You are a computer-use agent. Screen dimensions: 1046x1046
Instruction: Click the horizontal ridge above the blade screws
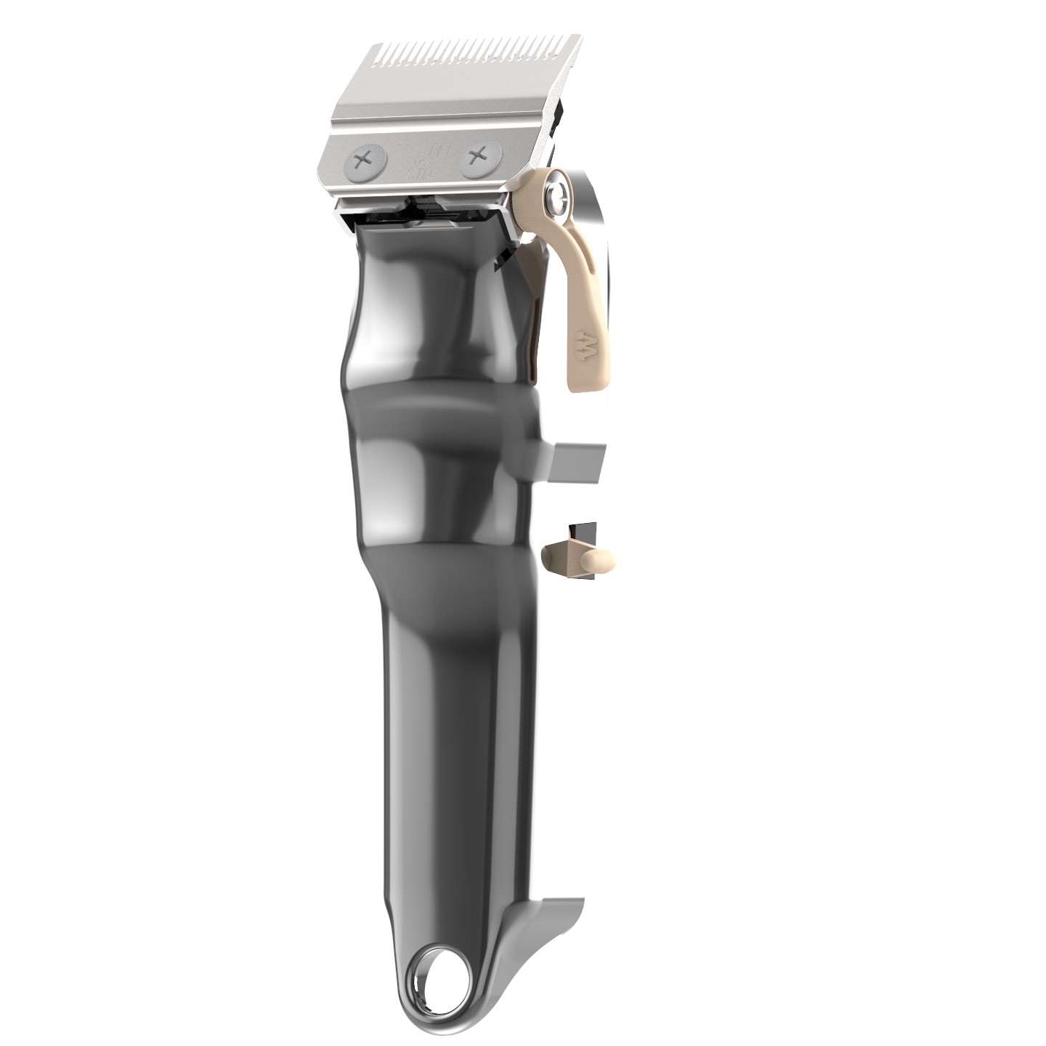click(x=436, y=124)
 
